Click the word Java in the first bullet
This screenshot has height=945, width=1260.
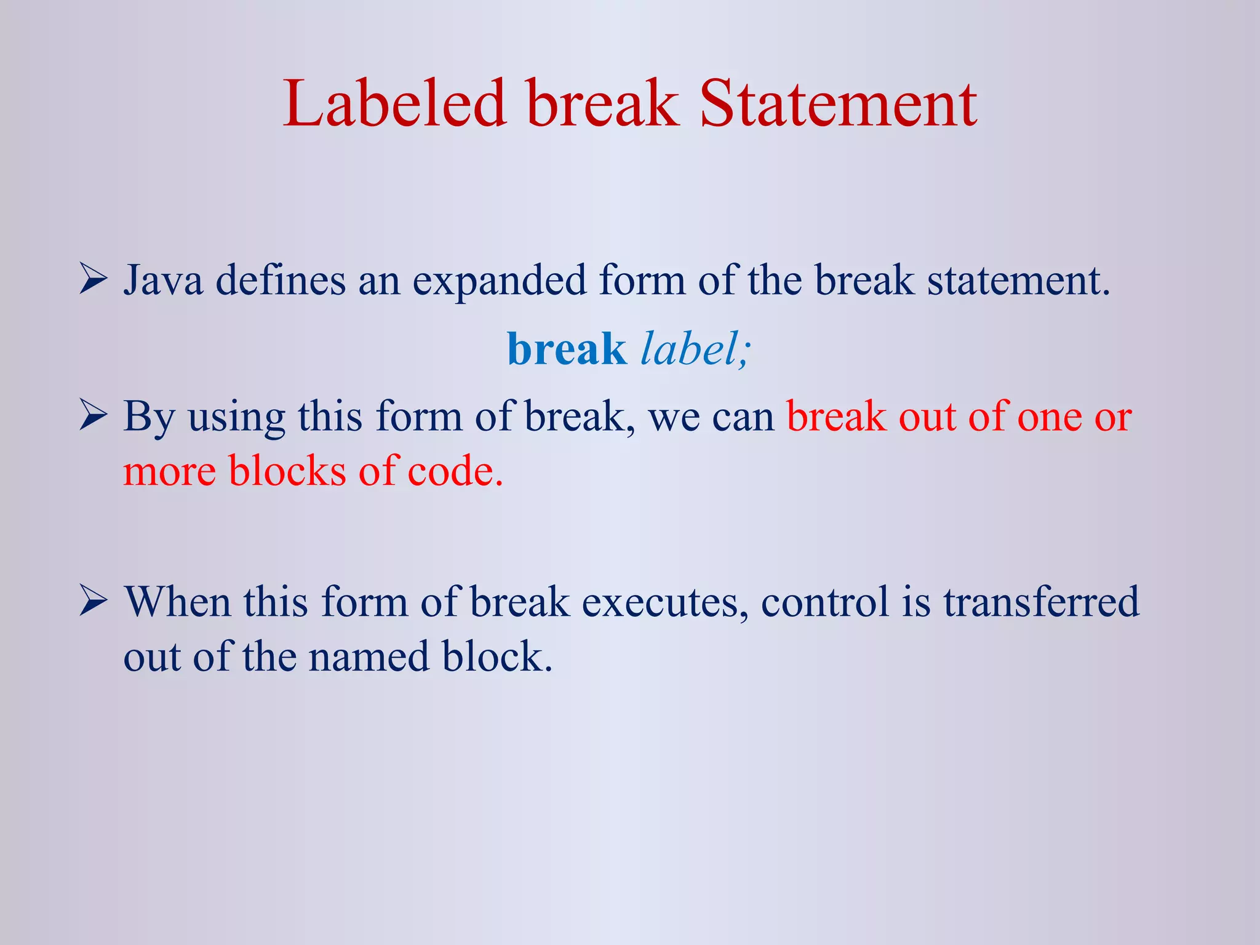163,281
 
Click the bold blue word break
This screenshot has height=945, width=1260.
566,349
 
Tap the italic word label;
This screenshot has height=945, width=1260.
696,349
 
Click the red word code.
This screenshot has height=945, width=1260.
455,471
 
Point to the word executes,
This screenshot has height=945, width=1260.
665,602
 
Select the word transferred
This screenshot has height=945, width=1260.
1041,602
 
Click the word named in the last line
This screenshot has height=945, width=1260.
369,656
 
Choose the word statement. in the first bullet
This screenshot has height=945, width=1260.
1018,281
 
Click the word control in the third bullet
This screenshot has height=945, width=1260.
825,602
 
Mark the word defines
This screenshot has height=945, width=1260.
281,281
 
